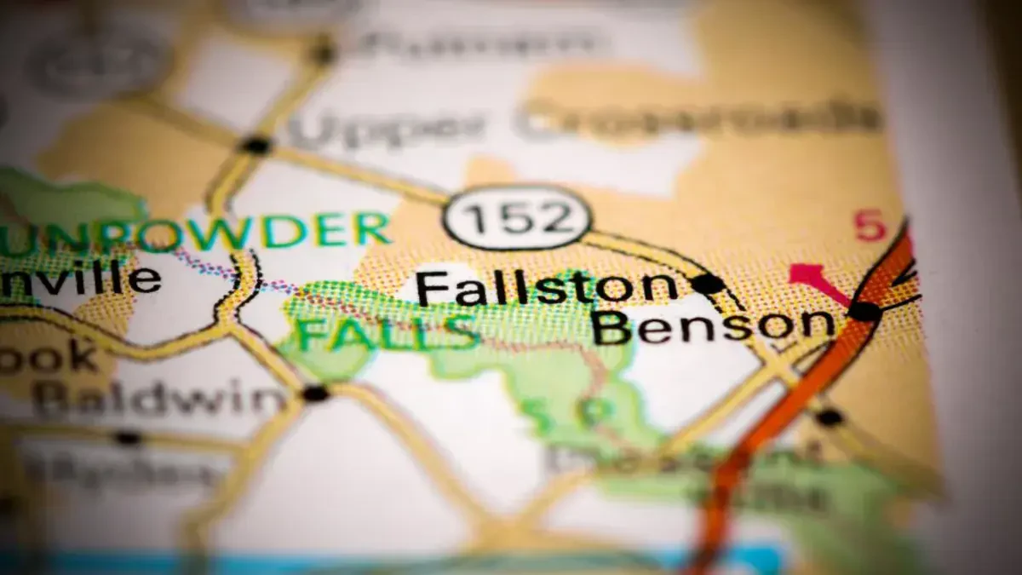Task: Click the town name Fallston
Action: pos(545,288)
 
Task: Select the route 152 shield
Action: pos(517,217)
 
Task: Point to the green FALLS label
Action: pos(388,332)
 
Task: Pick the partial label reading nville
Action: pos(81,279)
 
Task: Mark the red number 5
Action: pos(870,226)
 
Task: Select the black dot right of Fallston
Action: pos(707,284)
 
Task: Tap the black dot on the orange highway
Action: pos(864,312)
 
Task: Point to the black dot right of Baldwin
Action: pos(315,393)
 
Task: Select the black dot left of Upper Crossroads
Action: pos(255,145)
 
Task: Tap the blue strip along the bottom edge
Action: pos(383,564)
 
